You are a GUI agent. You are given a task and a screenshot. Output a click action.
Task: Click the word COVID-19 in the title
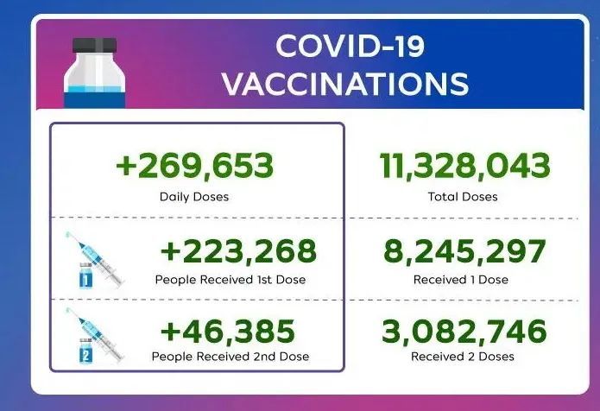(350, 47)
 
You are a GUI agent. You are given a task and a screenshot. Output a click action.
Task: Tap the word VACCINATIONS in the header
(345, 84)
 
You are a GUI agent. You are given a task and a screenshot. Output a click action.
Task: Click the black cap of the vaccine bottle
(94, 45)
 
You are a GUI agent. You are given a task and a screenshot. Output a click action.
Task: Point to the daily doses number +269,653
(194, 166)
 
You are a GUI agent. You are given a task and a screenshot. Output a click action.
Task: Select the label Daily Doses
(194, 197)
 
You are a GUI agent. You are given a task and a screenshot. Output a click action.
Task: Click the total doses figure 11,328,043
(465, 166)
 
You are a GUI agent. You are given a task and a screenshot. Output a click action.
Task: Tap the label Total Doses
(463, 197)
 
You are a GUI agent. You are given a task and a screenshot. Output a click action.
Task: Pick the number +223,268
(238, 251)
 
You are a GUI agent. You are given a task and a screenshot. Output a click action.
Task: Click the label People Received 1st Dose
(231, 280)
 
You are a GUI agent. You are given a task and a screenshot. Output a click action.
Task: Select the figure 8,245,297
(464, 251)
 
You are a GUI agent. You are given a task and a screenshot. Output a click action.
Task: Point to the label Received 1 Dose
(461, 280)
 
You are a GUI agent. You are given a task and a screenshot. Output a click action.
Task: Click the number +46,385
(228, 331)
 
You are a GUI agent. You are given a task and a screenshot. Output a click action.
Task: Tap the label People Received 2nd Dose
(231, 357)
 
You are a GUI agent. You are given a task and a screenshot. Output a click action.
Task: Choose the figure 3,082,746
(464, 331)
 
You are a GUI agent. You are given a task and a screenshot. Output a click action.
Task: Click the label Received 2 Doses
(462, 357)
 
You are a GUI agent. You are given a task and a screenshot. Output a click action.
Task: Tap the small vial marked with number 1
(85, 275)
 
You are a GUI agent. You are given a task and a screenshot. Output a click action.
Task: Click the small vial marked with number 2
(85, 351)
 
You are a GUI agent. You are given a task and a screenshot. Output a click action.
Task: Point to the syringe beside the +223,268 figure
(95, 258)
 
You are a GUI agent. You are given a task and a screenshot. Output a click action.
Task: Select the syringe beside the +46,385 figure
(95, 334)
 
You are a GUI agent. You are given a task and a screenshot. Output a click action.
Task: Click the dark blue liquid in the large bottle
(94, 100)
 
